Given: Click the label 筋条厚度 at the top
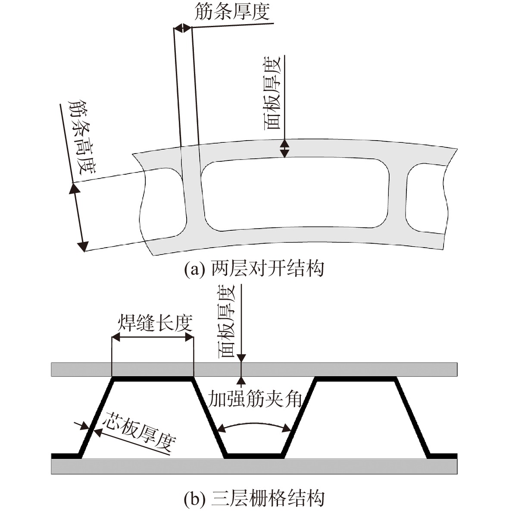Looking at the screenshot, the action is pos(232,11).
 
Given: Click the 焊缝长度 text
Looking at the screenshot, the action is pos(155,323).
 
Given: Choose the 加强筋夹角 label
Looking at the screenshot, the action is pos(255,399).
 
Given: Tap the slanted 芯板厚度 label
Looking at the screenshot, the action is pos(139,431).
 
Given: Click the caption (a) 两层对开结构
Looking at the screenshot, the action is pos(254,269).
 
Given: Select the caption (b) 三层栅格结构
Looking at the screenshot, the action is pos(254,498).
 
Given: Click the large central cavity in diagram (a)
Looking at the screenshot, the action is pos(295,194).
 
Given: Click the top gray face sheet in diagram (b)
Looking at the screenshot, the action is pos(254,369).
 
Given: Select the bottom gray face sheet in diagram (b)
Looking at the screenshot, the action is pos(254,467).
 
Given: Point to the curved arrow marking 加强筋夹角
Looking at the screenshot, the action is pos(254,424).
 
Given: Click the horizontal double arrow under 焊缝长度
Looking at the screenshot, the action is pos(153,338).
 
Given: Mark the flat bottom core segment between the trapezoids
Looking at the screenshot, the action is pos(255,456).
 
